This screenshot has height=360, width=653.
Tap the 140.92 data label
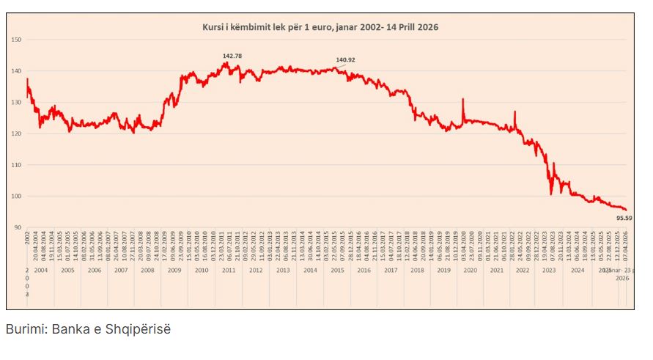[345, 60]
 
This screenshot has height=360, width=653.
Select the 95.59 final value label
[624, 218]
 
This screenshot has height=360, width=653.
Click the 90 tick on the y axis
[18, 228]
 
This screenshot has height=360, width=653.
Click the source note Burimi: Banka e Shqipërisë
[88, 329]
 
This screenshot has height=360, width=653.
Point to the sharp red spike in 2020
[463, 100]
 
